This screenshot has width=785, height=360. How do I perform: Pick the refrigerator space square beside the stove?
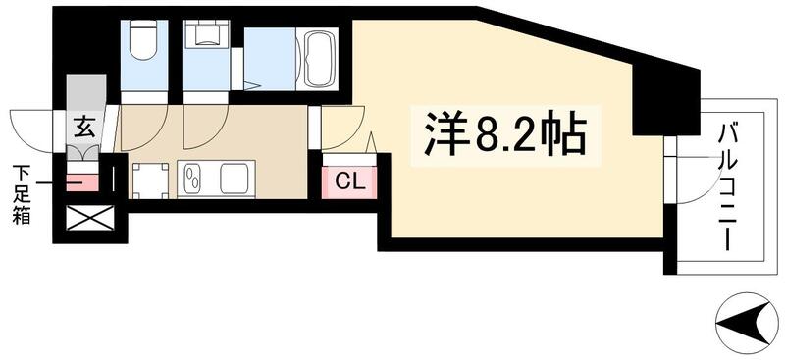[150, 180]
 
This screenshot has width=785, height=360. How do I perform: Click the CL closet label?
[348, 181]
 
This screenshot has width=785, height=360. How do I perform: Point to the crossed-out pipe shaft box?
[90, 218]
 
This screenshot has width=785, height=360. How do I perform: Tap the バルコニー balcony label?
[728, 186]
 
